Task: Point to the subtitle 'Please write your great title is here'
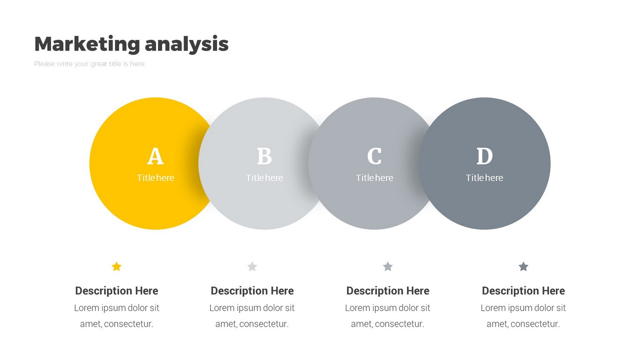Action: point(89,64)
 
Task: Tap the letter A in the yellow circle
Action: point(156,156)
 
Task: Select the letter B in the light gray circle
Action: point(264,156)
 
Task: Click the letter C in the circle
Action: point(374,156)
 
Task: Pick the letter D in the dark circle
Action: point(485,156)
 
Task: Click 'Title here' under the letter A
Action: point(156,178)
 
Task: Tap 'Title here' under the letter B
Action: point(264,178)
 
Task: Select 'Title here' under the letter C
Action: point(374,178)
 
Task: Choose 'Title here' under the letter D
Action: point(484,178)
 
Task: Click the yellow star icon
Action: point(117,267)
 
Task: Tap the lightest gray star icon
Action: point(252,267)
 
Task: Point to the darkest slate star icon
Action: point(523,267)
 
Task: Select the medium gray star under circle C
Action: point(388,267)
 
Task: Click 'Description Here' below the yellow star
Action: point(117,291)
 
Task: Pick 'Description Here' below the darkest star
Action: point(523,291)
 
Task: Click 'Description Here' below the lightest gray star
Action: point(252,291)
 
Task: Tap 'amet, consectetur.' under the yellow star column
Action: point(117,324)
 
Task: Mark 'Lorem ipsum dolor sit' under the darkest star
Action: point(523,308)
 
